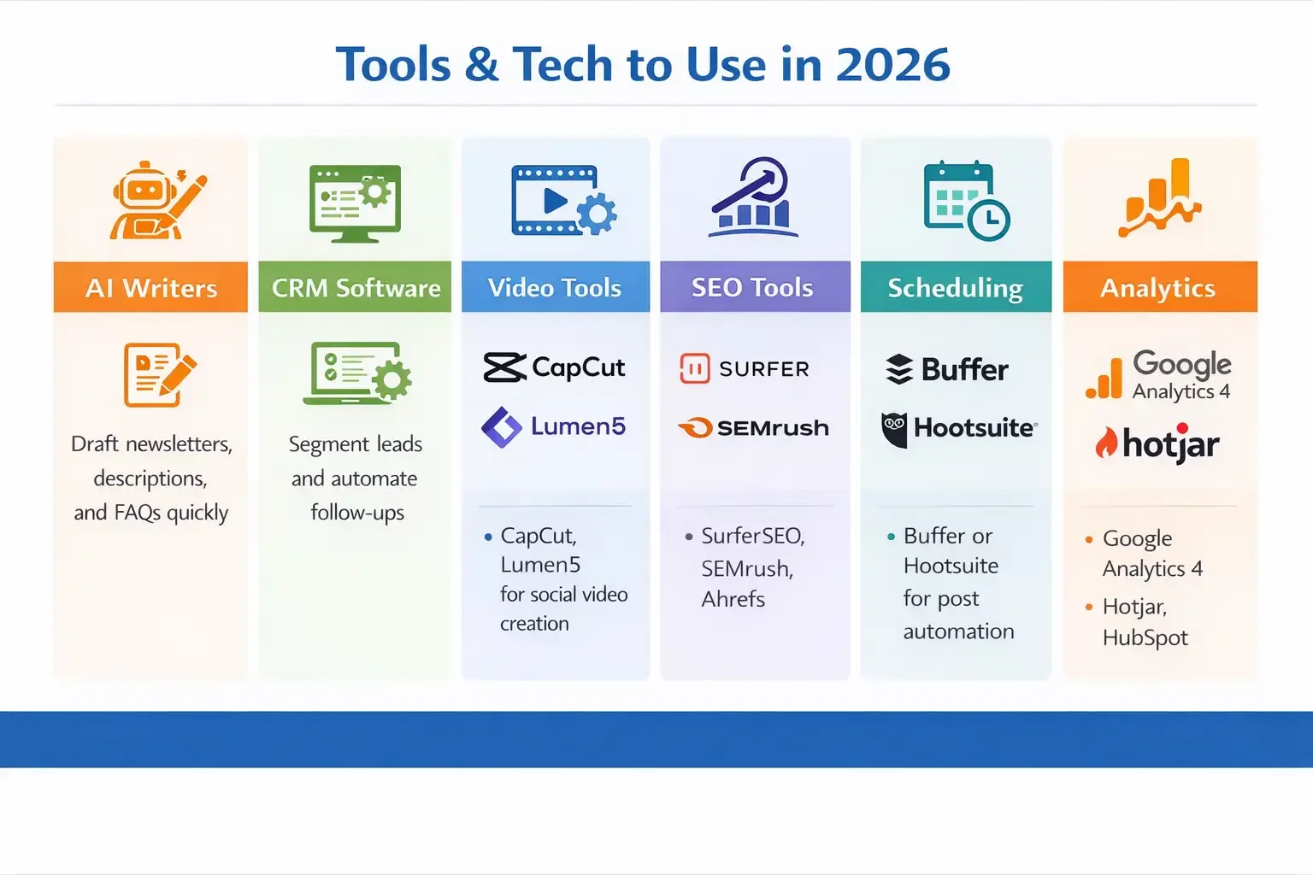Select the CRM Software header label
356,288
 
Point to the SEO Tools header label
752,288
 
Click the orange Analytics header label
1157,288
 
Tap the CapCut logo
554,367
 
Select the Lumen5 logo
554,426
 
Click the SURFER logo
745,368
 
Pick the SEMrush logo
754,427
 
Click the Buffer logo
947,369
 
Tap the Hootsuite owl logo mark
894,429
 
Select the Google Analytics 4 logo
1158,375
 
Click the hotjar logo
1157,443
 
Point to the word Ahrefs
733,599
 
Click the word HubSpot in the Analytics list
1145,638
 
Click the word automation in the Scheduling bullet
958,631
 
